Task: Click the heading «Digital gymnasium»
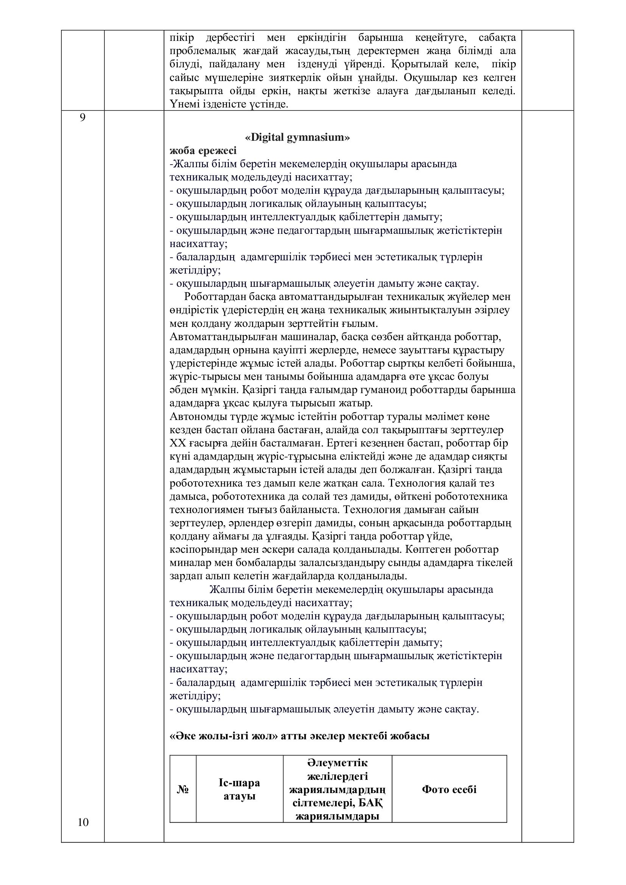(297, 137)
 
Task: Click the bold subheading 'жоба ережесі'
(203, 150)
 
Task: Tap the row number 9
(83, 118)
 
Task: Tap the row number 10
(83, 822)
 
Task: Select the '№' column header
(183, 789)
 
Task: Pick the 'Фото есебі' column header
(449, 789)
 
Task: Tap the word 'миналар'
(189, 563)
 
